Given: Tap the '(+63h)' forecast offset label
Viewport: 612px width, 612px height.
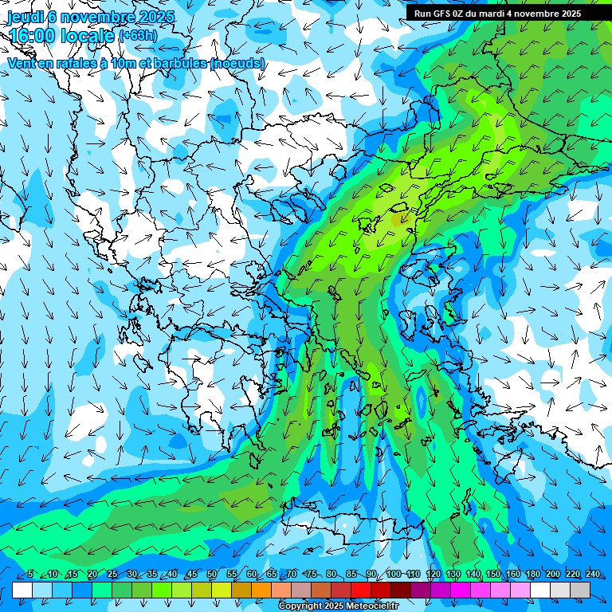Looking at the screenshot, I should tap(138, 36).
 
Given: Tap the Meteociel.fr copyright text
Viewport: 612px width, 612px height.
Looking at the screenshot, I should tap(338, 606).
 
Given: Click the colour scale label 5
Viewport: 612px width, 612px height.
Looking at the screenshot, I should tap(30, 575).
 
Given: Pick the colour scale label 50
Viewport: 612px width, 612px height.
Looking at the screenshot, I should tap(212, 575).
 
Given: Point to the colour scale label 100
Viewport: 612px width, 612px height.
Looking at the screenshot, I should tap(394, 575).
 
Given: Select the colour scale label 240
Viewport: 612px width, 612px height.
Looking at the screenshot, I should tap(593, 575).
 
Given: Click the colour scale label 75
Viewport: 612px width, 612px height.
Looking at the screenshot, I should tap(312, 575).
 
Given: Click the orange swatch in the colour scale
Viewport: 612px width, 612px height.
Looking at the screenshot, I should tap(261, 590).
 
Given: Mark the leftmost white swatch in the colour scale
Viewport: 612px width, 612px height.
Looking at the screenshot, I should tap(22, 590).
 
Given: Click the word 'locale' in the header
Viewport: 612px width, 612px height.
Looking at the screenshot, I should tap(88, 36).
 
